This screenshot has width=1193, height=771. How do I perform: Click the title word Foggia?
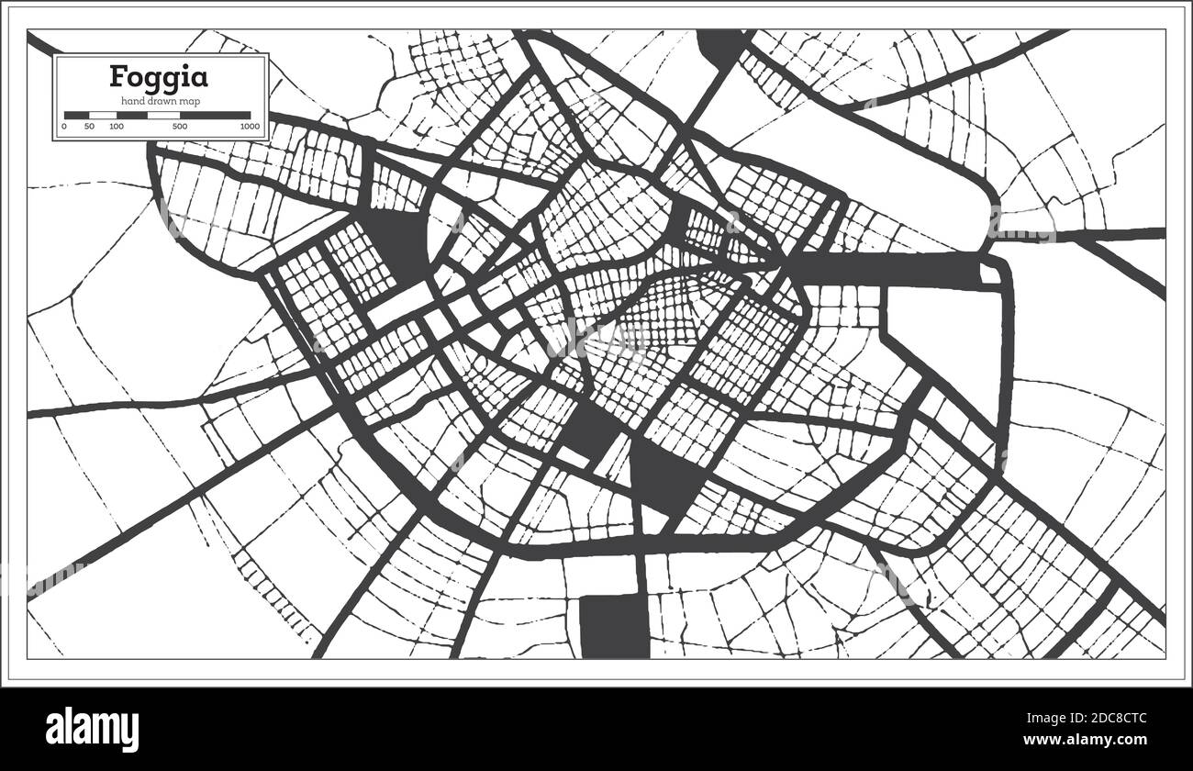pyautogui.click(x=159, y=76)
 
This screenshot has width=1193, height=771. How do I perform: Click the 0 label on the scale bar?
pyautogui.click(x=64, y=126)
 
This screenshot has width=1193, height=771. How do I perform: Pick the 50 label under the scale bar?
pyautogui.click(x=89, y=126)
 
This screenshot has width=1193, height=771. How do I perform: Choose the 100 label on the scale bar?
pyautogui.click(x=117, y=126)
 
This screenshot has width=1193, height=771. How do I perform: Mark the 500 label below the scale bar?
pyautogui.click(x=180, y=126)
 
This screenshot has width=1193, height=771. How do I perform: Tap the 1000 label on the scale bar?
pyautogui.click(x=249, y=126)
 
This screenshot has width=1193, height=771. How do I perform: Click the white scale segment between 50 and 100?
pyautogui.click(x=102, y=116)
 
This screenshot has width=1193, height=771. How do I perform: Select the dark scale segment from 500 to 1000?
pyautogui.click(x=215, y=116)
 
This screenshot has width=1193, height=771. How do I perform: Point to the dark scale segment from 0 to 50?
pyautogui.click(x=76, y=116)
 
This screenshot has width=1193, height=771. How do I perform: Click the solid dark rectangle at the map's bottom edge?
pyautogui.click(x=615, y=626)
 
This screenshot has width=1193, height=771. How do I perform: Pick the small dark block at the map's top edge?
pyautogui.click(x=720, y=46)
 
